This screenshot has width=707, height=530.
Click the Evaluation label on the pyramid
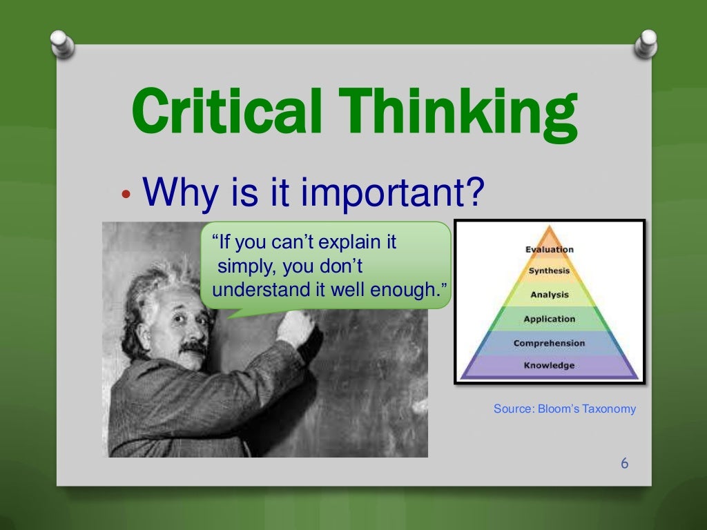pos(549,249)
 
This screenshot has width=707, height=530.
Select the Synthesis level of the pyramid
pos(549,271)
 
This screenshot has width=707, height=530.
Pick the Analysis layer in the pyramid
pos(549,295)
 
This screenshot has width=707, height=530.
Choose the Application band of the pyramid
pos(549,319)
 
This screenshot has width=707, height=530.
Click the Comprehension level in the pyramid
pos(549,343)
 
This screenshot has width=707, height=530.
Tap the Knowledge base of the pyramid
pos(549,365)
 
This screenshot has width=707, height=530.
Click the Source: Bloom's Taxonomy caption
pos(564,409)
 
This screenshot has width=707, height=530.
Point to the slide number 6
pos(624,463)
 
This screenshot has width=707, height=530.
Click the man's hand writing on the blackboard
pos(295,327)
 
